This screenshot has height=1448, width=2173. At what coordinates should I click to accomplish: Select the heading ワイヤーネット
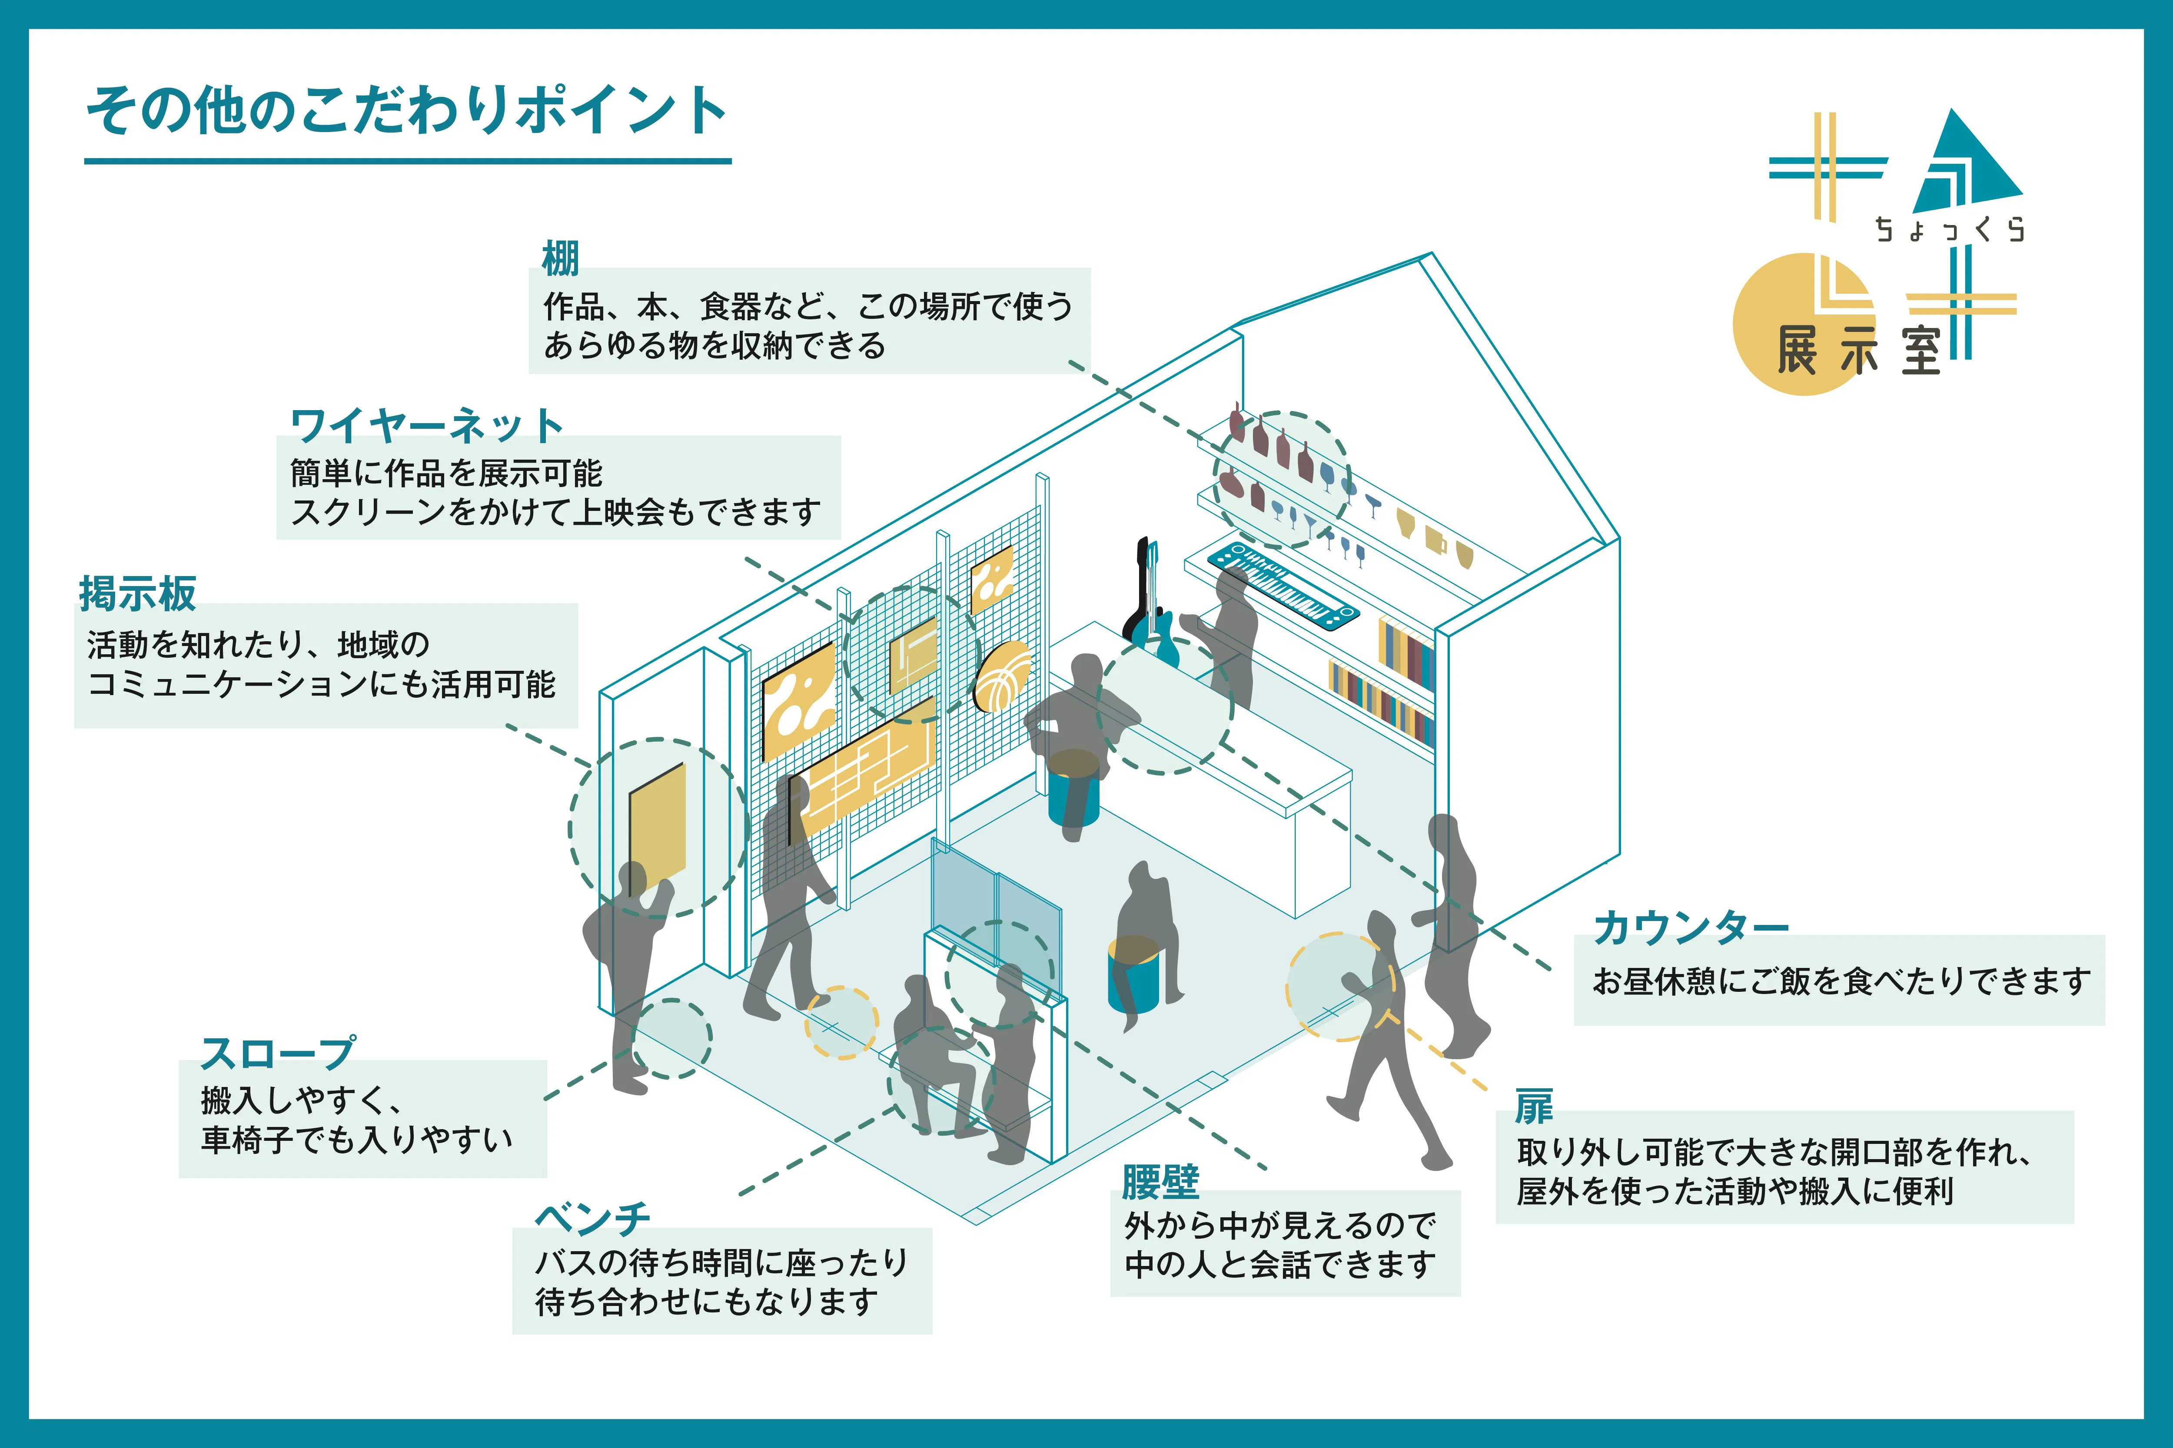(x=427, y=426)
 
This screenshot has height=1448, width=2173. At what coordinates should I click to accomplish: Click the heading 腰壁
(x=1160, y=1181)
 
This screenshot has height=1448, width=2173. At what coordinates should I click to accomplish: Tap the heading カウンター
(x=1691, y=927)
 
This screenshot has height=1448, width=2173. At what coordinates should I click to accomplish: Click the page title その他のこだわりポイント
(x=406, y=111)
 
